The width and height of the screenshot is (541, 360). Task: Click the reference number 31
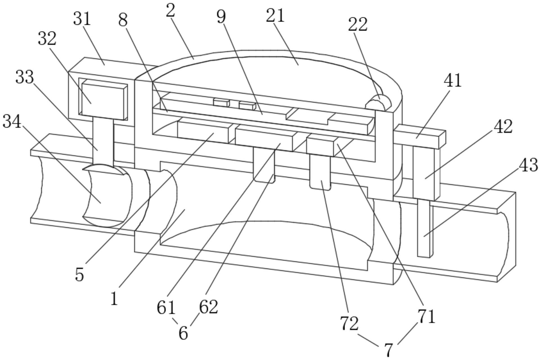click(x=82, y=20)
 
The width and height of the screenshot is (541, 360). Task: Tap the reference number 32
click(x=47, y=39)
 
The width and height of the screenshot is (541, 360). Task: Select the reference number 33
click(x=24, y=77)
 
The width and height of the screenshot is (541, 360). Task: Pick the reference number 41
click(x=453, y=81)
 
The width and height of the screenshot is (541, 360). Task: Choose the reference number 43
click(x=529, y=165)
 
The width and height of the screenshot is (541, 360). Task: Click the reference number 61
click(x=166, y=308)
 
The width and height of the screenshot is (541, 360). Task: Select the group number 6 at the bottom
click(x=183, y=334)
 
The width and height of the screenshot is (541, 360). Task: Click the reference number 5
click(x=80, y=274)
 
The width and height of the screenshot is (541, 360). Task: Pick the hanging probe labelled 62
click(x=264, y=165)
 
